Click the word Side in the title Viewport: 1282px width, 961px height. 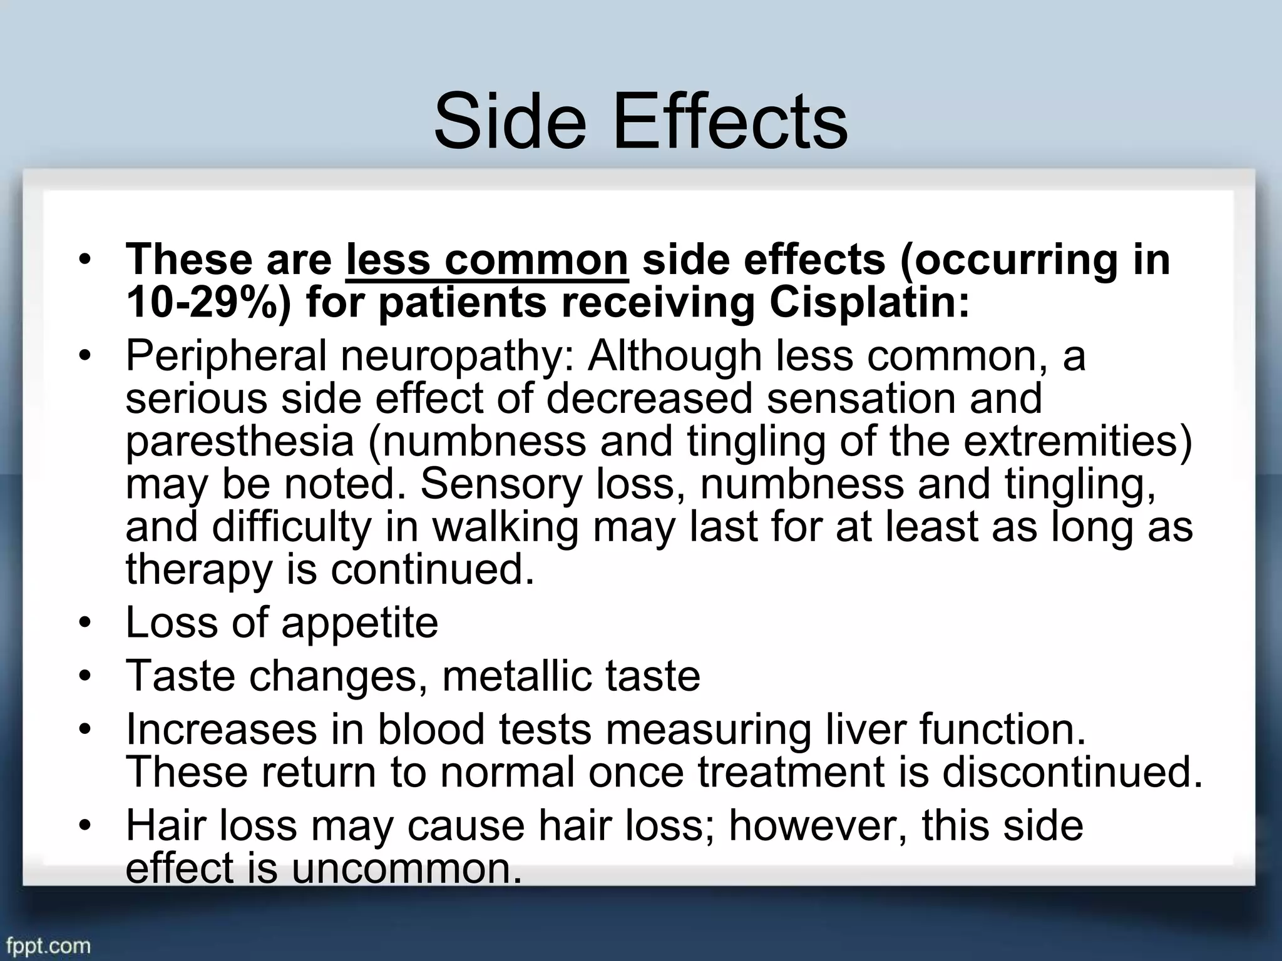pos(510,122)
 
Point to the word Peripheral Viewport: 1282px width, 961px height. pos(226,357)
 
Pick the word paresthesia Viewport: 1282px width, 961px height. pos(240,442)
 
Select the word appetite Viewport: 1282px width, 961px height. pos(359,623)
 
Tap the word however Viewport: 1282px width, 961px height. pos(819,825)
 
